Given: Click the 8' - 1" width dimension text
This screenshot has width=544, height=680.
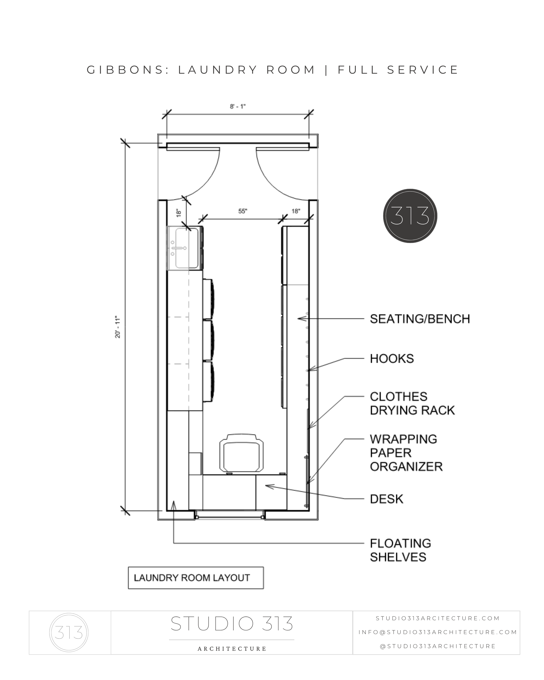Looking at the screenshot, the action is (237, 107).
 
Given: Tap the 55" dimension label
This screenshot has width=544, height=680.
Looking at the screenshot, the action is (242, 211).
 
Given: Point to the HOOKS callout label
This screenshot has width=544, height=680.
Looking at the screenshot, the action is (392, 359).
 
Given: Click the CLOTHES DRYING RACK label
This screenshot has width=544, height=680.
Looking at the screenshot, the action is (412, 403).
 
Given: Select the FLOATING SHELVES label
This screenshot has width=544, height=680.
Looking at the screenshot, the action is (400, 550).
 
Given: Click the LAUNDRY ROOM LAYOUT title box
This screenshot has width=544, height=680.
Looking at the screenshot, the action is (196, 578).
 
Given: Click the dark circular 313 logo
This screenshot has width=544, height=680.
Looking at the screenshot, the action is (410, 216).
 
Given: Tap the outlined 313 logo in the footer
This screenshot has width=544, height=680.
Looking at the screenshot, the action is (69, 632).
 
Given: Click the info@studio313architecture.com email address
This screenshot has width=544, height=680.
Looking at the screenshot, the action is (438, 632).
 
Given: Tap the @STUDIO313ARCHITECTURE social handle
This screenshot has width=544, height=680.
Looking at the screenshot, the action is (438, 646).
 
